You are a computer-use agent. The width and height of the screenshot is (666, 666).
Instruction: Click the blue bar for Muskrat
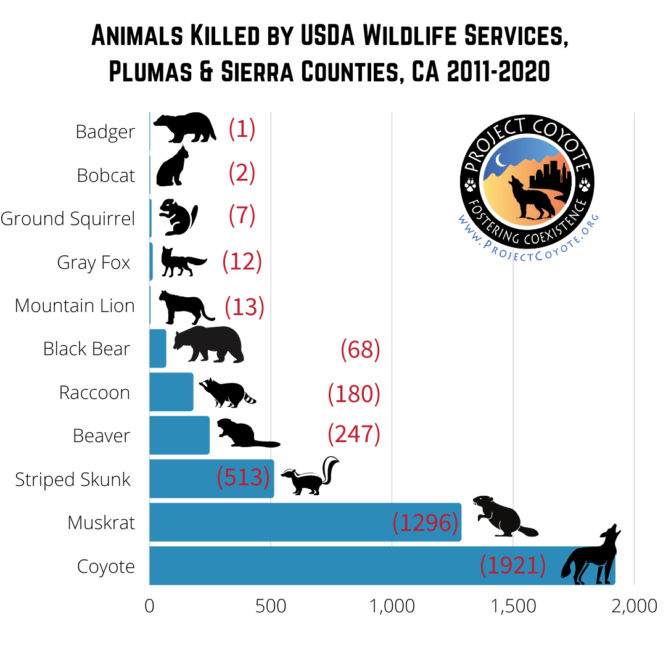305,522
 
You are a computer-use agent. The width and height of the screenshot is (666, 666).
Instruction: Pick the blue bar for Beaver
179,435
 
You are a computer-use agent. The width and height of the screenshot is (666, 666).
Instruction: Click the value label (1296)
425,523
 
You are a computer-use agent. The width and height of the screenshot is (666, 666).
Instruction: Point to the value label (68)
360,350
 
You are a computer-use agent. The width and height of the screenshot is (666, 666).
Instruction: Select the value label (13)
244,306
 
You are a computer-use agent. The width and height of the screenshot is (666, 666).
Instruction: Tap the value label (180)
354,393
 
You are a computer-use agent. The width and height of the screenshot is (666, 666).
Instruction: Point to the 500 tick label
271,606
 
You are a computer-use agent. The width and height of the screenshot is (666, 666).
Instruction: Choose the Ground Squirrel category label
68,219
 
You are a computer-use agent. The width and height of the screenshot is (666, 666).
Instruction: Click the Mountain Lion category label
75,306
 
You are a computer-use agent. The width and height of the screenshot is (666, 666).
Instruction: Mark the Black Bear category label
86,349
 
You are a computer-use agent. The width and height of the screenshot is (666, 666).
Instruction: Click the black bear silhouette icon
208,345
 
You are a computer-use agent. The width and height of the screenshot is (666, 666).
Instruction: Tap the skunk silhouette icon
311,477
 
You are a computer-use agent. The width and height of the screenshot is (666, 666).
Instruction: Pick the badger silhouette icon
184,127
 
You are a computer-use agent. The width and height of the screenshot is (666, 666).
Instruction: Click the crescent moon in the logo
501,162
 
